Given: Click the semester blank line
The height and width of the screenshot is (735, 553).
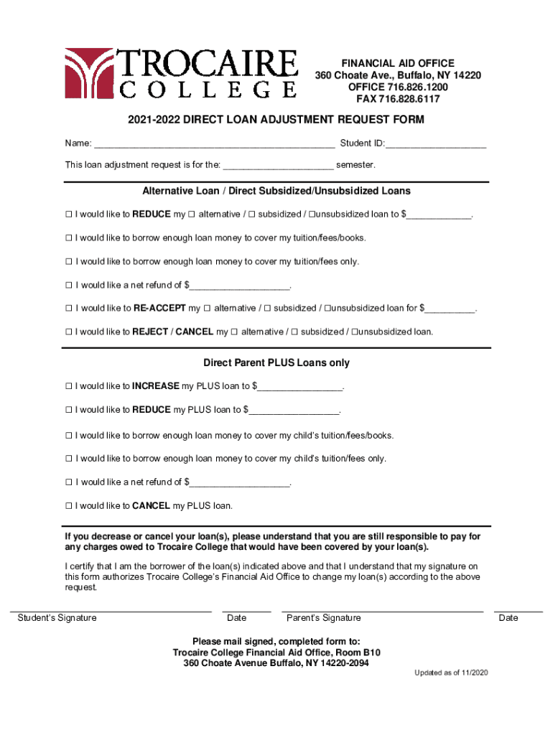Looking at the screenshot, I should tap(278, 167).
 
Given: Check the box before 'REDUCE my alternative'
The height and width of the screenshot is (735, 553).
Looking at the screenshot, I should tap(69, 215).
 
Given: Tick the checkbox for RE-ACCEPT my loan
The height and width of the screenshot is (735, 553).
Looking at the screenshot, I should tap(69, 309).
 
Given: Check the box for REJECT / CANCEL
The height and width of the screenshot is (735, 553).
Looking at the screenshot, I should tap(69, 332).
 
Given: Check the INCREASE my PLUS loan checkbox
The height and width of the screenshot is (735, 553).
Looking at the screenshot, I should tap(69, 386).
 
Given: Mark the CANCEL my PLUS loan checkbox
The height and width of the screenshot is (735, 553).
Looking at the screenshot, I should tap(69, 506).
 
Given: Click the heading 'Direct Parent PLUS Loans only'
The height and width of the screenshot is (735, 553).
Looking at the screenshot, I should tap(276, 363).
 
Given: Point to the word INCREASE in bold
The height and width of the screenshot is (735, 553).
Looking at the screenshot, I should tap(156, 386).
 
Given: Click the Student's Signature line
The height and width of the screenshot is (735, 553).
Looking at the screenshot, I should tap(111, 610).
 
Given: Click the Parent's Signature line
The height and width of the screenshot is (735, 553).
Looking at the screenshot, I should tap(382, 610).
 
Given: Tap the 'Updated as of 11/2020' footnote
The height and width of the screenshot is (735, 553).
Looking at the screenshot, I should tap(451, 673).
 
